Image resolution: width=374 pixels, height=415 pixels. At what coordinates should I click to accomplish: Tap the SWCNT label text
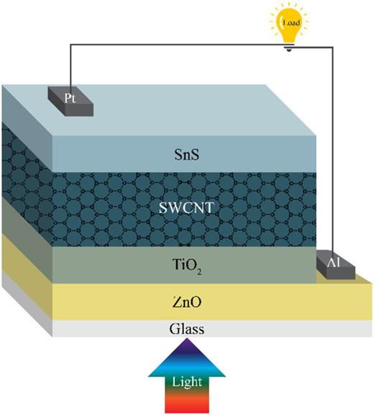[187, 210]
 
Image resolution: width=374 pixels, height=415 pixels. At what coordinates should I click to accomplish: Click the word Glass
[187, 329]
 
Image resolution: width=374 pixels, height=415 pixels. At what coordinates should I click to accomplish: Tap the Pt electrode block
[70, 100]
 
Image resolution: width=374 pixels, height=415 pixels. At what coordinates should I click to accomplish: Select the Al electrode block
[335, 266]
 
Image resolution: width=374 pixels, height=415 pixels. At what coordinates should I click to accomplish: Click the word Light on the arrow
[187, 380]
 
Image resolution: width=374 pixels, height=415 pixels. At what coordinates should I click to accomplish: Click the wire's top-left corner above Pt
[70, 47]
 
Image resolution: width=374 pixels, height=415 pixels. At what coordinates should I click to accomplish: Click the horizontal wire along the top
[180, 47]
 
